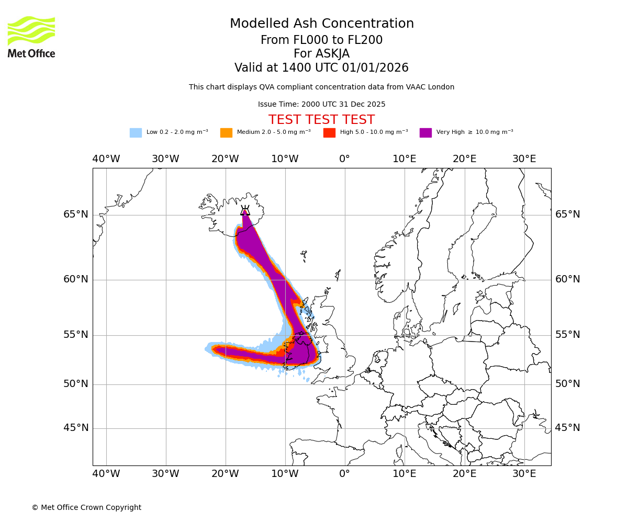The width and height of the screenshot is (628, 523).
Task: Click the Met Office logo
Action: pos(31,37)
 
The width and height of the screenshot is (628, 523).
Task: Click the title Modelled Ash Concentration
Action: pos(322,24)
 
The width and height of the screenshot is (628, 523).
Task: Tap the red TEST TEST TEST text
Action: pos(321,120)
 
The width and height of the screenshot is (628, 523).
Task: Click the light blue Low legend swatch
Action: pos(136,133)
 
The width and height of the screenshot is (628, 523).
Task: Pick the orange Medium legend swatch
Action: pos(226,133)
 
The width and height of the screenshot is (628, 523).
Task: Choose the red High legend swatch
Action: pos(329,133)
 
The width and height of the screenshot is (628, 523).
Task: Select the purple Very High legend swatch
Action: pos(425,133)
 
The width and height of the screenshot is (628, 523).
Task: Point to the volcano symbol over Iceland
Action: pos(245,211)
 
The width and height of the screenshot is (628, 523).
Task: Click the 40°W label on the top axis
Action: pos(106,159)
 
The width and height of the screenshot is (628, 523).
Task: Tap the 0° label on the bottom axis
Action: pos(344,474)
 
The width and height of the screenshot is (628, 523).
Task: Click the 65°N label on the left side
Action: pos(76,214)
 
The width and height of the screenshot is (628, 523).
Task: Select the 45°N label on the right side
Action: pos(567,428)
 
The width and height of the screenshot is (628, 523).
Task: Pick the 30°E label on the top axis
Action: pos(524,159)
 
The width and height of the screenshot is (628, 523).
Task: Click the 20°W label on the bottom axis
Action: pos(225,474)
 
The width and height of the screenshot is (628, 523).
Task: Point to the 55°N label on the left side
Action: pos(76,335)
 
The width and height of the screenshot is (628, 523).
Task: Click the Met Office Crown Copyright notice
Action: pos(86,508)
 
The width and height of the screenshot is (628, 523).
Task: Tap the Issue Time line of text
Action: pos(321,105)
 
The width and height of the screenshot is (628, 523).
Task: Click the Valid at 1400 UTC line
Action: pos(321,68)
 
